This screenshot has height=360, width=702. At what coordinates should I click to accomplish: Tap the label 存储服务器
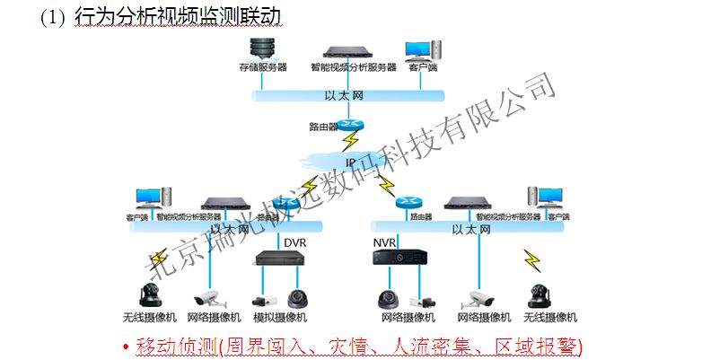point(262,66)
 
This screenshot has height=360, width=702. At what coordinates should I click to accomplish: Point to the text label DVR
point(294,242)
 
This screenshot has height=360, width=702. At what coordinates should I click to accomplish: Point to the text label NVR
point(384,242)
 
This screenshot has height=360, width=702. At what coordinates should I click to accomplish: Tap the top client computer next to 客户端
point(417,49)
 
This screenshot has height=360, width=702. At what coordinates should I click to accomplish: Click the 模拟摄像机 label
point(279,318)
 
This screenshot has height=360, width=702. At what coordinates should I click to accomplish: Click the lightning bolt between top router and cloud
point(348,141)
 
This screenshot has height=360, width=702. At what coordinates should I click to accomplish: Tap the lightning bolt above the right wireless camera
point(532,261)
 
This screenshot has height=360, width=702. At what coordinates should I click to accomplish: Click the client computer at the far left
point(147,199)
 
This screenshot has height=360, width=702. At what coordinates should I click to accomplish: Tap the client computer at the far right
point(544,198)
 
